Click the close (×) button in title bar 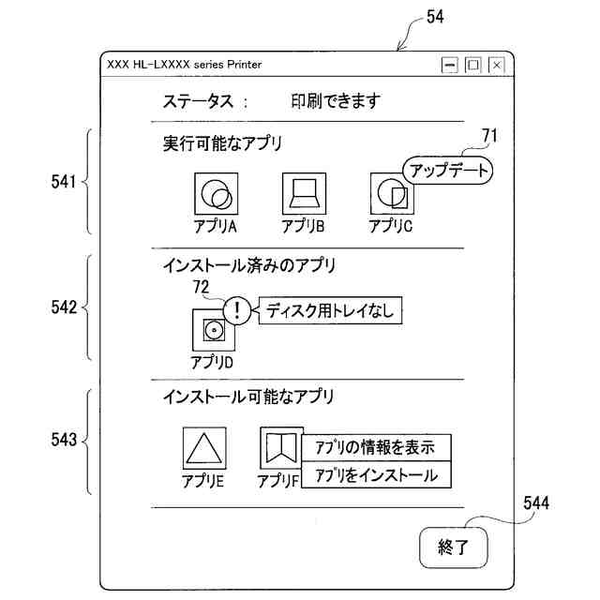point(496,65)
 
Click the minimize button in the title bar point(450,65)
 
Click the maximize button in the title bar point(473,65)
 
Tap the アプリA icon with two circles point(216,195)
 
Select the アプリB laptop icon point(304,195)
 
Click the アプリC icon point(391,195)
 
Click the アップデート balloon point(446,171)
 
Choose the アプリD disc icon point(213,329)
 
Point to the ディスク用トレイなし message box point(328,310)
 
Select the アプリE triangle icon point(203,448)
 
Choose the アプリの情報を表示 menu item point(376,447)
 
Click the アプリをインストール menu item point(376,474)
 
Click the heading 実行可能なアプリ point(222,143)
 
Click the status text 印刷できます point(335,102)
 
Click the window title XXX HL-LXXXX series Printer point(185,65)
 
